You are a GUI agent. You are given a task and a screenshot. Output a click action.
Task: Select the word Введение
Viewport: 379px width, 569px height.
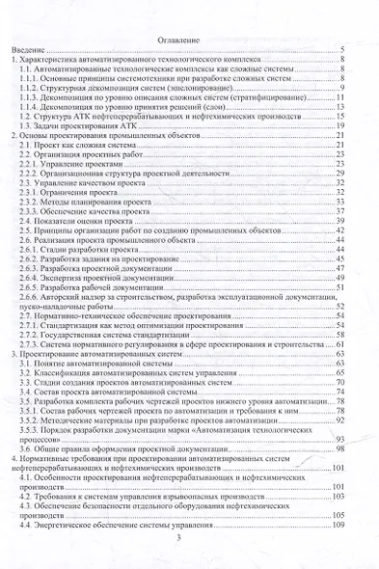[32, 49]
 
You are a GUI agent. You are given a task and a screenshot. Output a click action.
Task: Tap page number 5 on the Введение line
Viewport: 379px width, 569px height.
[344, 49]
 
